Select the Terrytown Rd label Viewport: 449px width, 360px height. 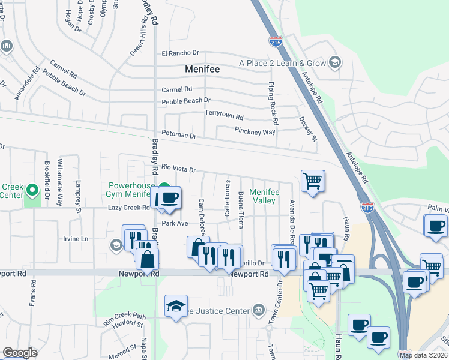(224, 117)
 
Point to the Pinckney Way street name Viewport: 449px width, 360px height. (255, 131)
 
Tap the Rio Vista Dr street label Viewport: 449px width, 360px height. (179, 169)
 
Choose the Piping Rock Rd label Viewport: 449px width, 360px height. (273, 100)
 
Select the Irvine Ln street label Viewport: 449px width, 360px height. (76, 239)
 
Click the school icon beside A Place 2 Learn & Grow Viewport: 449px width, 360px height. (335, 62)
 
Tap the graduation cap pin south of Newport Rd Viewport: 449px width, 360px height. (176, 306)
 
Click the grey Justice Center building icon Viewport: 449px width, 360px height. (258, 310)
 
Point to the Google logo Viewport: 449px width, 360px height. (20, 353)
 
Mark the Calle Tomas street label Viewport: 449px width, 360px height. (227, 199)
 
